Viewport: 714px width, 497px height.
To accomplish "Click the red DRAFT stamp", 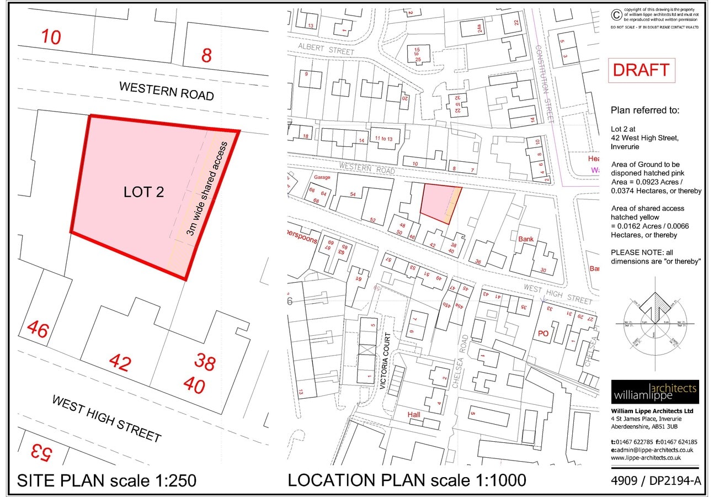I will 641,70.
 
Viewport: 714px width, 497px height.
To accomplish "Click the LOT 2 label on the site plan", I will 144,192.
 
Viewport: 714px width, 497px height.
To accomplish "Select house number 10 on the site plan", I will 51,37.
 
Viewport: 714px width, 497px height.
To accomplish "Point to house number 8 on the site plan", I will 206,55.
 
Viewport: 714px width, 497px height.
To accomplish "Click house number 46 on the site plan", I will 38,330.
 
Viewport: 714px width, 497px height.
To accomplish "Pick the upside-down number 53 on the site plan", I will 40,453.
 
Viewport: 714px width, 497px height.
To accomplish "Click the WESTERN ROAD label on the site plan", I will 166,91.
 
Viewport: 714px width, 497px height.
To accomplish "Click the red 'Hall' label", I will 415,414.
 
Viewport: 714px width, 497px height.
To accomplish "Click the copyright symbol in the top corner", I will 616,15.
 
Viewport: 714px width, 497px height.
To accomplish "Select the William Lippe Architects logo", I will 654,392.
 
